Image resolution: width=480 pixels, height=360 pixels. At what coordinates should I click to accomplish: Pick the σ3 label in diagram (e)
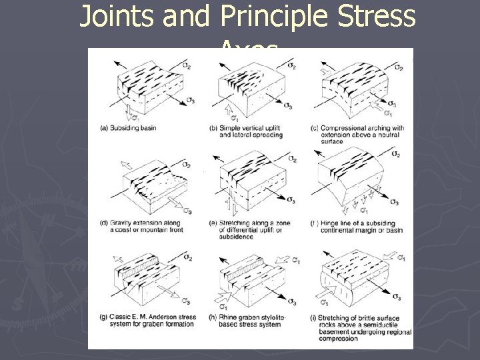[291, 200]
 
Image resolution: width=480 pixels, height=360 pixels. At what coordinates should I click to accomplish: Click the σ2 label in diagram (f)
[395, 154]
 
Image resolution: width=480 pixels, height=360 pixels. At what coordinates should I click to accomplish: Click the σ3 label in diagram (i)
[396, 297]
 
